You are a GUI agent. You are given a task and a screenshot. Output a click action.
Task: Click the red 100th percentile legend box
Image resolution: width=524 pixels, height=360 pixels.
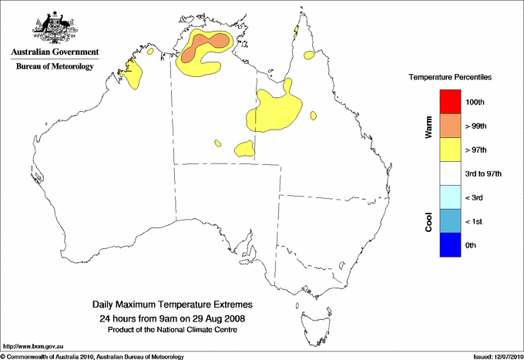click(451, 102)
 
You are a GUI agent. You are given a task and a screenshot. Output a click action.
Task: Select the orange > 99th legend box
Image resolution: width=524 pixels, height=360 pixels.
click(451, 126)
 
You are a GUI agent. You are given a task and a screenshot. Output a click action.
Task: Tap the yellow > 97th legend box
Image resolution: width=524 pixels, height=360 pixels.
click(451, 150)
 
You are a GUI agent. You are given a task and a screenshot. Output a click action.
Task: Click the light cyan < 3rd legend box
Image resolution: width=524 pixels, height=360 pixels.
click(451, 197)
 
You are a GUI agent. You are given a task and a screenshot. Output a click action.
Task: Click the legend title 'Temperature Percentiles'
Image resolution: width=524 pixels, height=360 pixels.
click(450, 78)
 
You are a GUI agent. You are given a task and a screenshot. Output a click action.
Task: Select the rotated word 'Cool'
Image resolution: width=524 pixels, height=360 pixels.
click(429, 221)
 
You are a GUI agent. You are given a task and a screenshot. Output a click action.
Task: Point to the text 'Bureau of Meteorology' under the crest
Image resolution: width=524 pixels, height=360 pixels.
click(55, 66)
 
